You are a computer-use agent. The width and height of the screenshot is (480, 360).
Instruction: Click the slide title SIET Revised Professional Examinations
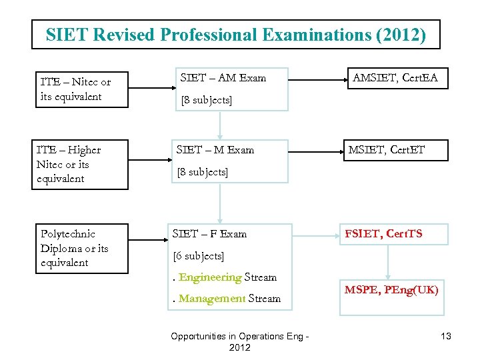[x=236, y=35]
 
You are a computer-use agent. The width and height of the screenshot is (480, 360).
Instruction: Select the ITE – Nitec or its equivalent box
[x=79, y=89]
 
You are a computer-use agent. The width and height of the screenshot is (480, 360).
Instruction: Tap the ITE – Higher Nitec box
[x=79, y=164]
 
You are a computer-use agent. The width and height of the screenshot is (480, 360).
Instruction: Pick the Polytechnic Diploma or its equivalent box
[x=79, y=248]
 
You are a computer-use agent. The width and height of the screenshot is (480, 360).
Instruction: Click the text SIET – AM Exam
[x=223, y=78]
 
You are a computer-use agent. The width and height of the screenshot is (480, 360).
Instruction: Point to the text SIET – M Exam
[x=215, y=150]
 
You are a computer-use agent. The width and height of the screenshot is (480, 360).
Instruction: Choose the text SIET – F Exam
[x=209, y=234]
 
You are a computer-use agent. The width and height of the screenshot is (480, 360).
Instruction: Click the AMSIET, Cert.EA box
[x=395, y=78]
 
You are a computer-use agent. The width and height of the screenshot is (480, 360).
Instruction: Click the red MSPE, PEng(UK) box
[x=391, y=290]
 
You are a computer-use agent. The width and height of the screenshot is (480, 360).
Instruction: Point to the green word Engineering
[x=210, y=277]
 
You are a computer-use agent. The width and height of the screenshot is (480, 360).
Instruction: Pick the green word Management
[x=212, y=299]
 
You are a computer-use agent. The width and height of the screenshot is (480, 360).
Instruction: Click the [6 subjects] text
[x=199, y=256]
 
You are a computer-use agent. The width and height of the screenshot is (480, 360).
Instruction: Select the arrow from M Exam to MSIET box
[x=315, y=151]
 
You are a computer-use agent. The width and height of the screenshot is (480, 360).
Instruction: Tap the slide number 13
[x=446, y=336]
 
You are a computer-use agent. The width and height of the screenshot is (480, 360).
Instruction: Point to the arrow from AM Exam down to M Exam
[x=221, y=124]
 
